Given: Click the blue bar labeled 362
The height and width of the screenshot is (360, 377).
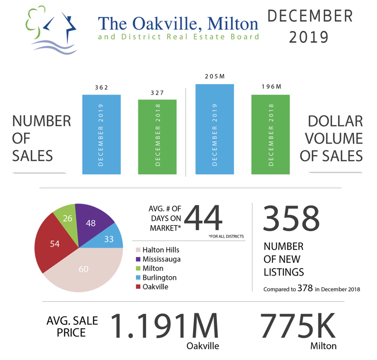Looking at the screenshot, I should [x=101, y=134].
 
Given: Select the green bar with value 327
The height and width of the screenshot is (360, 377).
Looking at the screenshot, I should [x=157, y=137].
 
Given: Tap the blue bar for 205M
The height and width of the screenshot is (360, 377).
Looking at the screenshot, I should [x=215, y=129].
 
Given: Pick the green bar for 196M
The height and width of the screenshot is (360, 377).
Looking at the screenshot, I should [x=270, y=134].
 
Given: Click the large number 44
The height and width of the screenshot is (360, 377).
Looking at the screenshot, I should [x=203, y=218].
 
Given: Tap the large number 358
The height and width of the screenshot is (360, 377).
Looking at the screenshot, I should [x=291, y=218].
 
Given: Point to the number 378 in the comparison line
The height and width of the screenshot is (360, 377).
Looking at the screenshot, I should [x=305, y=289].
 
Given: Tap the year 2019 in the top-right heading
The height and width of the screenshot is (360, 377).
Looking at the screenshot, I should [x=310, y=37].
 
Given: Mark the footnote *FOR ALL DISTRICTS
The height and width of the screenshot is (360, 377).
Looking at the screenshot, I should [x=226, y=237].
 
